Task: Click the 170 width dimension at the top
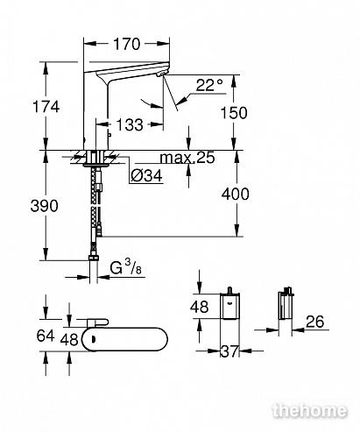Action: click(127, 44)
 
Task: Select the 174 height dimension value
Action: click(46, 106)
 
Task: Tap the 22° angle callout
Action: click(209, 85)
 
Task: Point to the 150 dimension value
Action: click(234, 113)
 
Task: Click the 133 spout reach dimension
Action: click(130, 124)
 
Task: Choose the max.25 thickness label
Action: click(187, 158)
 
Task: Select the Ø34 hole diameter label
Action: click(146, 176)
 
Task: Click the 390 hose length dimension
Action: click(45, 206)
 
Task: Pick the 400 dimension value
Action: click(236, 194)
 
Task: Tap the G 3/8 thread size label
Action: click(125, 268)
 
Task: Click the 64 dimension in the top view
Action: click(46, 336)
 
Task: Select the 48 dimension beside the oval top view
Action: click(69, 340)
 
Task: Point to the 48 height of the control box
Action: click(200, 307)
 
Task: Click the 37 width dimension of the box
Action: click(229, 351)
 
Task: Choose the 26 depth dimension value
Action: click(315, 322)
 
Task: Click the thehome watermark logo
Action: click(310, 411)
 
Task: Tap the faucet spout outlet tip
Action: click(162, 74)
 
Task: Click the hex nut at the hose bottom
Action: click(94, 258)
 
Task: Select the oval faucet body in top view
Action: click(124, 339)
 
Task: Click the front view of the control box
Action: click(229, 306)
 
